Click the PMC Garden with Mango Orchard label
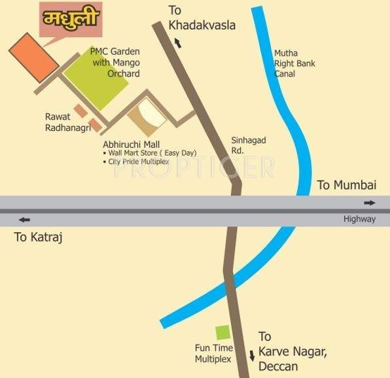116,62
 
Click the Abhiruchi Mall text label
132,144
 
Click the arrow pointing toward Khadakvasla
177,43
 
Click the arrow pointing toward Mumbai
370,203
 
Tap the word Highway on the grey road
359,219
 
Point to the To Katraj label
40,237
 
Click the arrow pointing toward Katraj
24,220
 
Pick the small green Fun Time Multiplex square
223,332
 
